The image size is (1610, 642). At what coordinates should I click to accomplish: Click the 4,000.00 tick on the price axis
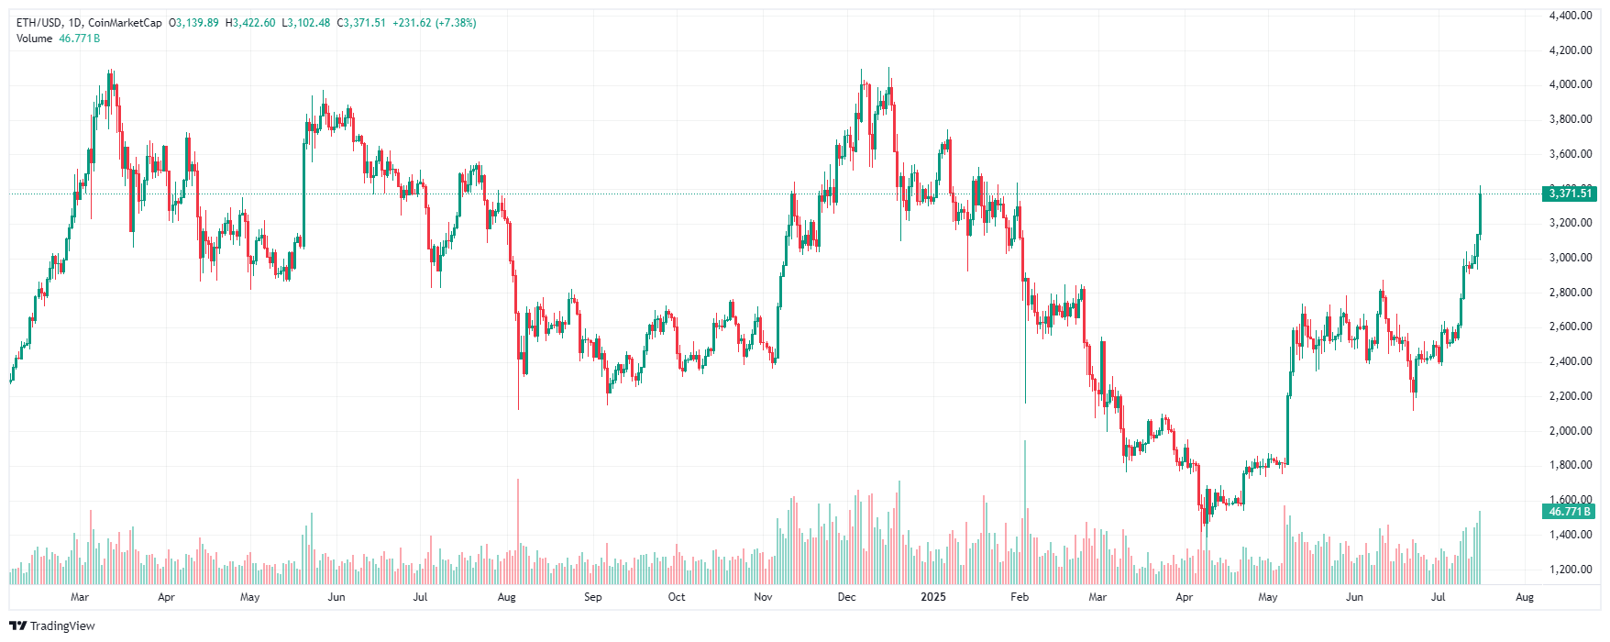click(1570, 84)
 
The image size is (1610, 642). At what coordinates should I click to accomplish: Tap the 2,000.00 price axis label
click(1570, 431)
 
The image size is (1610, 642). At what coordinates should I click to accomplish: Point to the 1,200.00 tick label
click(1570, 570)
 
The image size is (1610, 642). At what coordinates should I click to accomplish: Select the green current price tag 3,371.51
click(1570, 194)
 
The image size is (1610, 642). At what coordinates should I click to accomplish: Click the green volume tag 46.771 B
click(1570, 512)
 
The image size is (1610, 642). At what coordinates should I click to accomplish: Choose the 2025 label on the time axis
click(933, 597)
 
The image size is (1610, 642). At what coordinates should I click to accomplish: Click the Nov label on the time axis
click(763, 597)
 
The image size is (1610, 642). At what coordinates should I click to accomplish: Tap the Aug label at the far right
click(1525, 597)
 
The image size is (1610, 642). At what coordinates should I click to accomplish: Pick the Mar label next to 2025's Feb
click(1097, 597)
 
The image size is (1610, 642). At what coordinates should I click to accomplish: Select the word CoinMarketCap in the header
click(125, 23)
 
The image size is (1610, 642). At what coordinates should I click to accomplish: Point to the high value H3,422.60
click(250, 23)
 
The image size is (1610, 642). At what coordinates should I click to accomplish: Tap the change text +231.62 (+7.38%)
click(435, 23)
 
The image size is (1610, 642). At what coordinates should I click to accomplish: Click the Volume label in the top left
click(35, 39)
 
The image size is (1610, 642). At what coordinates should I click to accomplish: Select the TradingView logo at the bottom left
click(52, 625)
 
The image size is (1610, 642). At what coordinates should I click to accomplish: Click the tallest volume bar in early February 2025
click(1025, 514)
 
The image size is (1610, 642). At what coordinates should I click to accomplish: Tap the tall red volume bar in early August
click(518, 532)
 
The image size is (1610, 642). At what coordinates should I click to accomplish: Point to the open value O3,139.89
click(193, 23)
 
